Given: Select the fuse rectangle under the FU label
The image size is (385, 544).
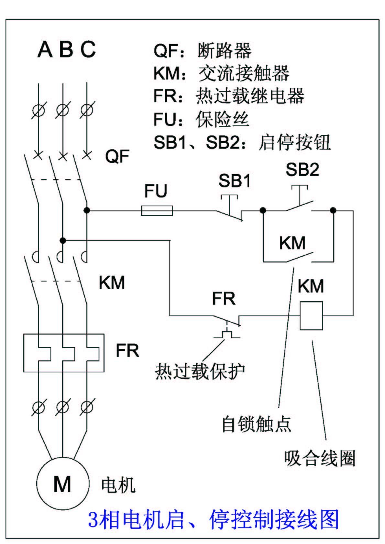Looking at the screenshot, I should click(x=157, y=211).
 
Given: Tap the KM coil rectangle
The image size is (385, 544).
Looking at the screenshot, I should click(x=311, y=315).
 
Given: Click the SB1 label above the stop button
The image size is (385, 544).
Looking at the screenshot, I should click(x=235, y=181).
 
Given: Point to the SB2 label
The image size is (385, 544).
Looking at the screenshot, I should click(x=302, y=169).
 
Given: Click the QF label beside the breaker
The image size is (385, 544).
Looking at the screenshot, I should click(x=117, y=156).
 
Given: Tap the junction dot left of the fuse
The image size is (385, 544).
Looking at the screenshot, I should click(x=87, y=210).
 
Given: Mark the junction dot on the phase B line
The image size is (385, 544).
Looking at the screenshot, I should click(x=63, y=240).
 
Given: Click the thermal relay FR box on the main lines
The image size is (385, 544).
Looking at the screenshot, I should click(x=64, y=353).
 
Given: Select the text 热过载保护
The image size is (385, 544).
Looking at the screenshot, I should click(x=200, y=371).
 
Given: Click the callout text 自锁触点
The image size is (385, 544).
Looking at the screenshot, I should click(x=256, y=424).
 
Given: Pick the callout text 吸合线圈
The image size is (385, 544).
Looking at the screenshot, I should click(x=320, y=458).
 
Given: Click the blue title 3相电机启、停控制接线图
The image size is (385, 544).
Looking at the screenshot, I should click(x=214, y=519).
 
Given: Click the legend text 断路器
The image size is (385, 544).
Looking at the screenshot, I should click(x=224, y=50).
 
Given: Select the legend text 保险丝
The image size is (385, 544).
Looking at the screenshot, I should click(x=223, y=119).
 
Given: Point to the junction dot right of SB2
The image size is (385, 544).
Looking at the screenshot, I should click(x=333, y=210).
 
